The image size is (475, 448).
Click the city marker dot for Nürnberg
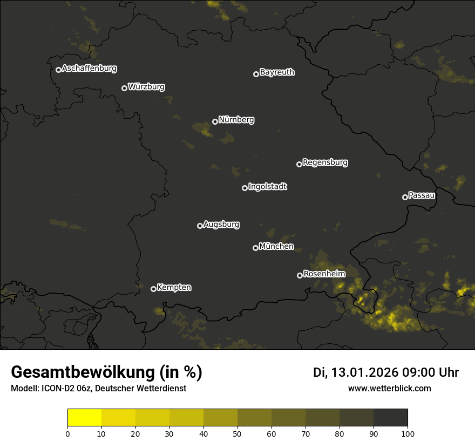pos(215,121)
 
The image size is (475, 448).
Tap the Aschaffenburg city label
pos(89,69)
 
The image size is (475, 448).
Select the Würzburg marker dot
pos(124,88)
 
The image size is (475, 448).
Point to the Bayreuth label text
pos(277,72)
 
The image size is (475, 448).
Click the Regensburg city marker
pos(299,164)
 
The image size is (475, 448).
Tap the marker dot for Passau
pos(405,197)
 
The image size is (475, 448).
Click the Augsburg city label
pos(221,225)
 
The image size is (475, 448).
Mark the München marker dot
pos(255,248)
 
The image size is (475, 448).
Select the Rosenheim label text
pos(324,274)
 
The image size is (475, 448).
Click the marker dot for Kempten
pos(153,289)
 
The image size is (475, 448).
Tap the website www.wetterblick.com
pos(390,388)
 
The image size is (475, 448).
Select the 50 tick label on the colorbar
pos(237,433)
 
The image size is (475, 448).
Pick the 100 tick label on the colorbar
pos(408,433)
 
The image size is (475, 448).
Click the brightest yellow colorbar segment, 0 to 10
pos(85,418)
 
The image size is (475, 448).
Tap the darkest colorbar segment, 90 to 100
pos(390,418)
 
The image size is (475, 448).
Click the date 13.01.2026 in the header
pos(365,372)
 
